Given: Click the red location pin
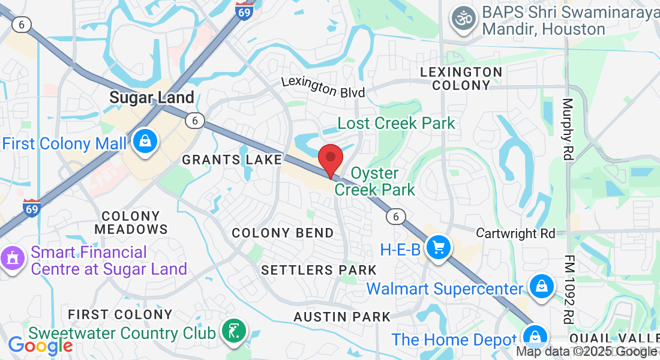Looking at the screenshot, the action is (x=330, y=159).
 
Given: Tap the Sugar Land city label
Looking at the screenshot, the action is (x=152, y=97).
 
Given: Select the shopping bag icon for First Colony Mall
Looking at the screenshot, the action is (x=145, y=142).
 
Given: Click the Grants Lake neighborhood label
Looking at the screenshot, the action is (x=232, y=160).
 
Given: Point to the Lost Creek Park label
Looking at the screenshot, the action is (x=396, y=124).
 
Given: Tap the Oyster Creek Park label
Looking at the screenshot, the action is (x=375, y=181).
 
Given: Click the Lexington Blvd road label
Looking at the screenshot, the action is (x=323, y=86).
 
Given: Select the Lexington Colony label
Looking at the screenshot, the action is (x=461, y=79).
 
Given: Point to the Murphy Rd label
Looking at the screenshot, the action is (x=568, y=129).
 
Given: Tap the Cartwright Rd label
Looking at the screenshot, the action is (x=516, y=233).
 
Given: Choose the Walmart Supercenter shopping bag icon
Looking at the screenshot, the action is (x=541, y=286).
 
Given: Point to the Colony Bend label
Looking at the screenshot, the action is (x=283, y=233).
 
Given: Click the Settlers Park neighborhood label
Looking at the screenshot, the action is (x=319, y=271).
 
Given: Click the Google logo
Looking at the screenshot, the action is (x=40, y=346).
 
